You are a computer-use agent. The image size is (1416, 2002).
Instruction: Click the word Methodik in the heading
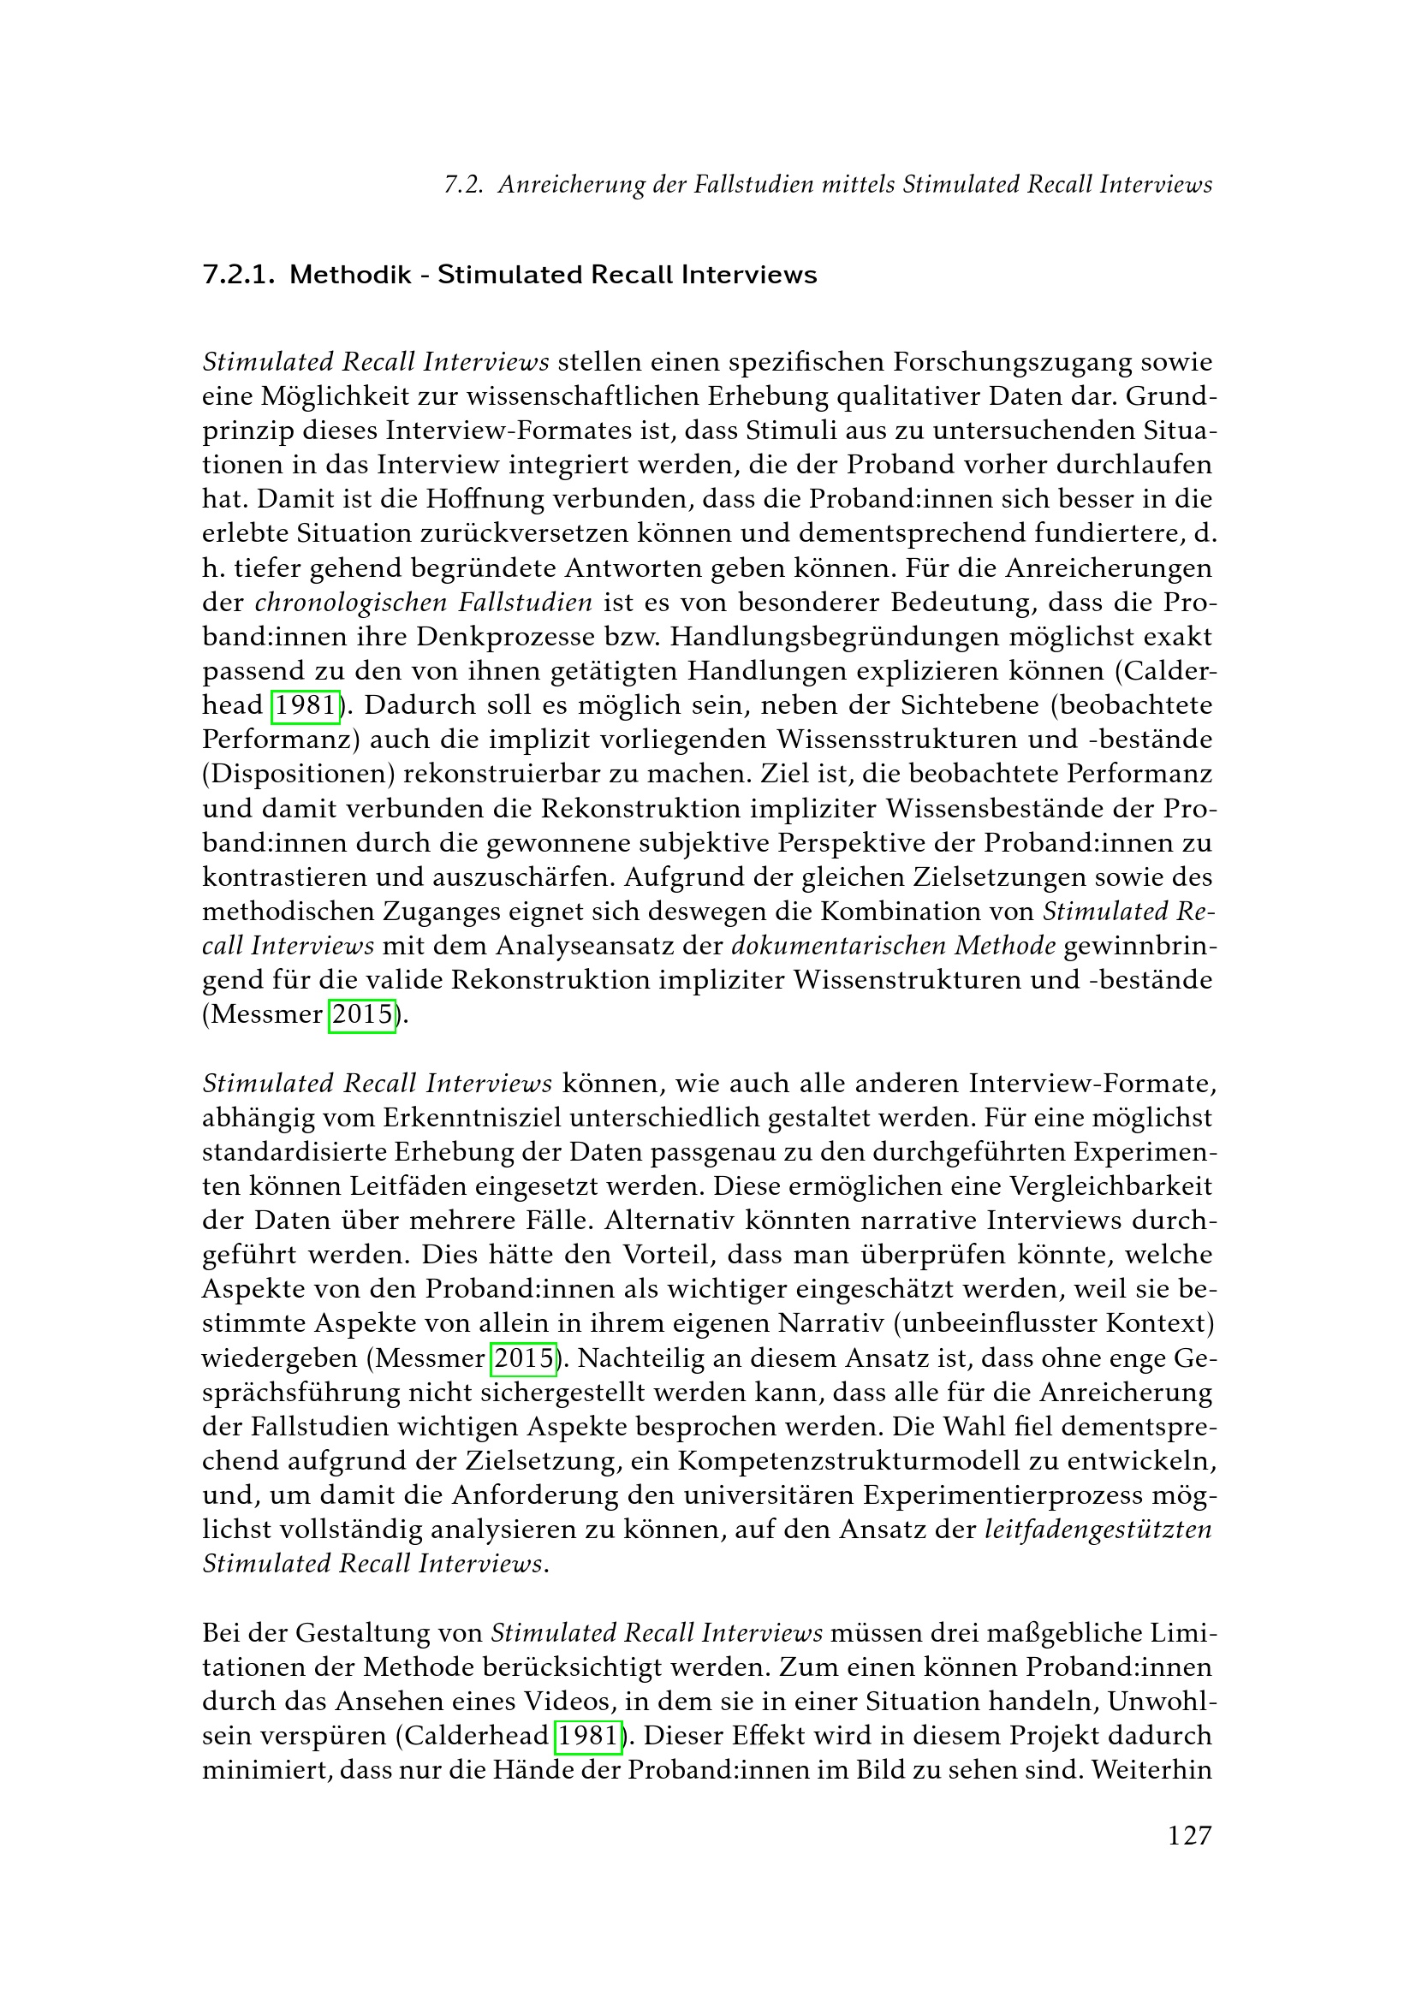point(349,275)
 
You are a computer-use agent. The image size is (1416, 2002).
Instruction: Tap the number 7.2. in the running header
point(464,185)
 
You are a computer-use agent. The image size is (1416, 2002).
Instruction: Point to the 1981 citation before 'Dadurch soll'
point(305,705)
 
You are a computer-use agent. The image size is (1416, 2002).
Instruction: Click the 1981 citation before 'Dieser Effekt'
point(587,1736)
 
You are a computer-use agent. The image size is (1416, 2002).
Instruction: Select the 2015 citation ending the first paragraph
point(362,1015)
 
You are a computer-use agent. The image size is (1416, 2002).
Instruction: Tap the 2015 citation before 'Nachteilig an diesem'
point(525,1358)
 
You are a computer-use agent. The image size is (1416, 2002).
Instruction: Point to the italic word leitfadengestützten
point(1098,1530)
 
